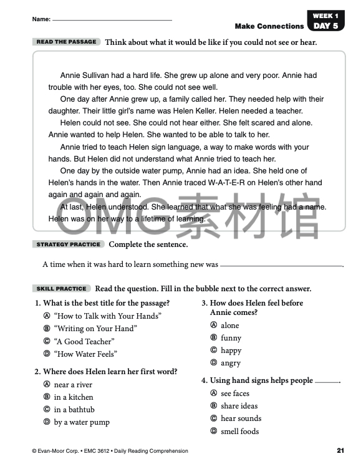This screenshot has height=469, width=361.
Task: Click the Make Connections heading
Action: tap(269, 26)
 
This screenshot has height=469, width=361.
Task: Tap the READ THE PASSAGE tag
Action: tap(67, 42)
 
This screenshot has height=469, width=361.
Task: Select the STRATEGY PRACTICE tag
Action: tap(68, 244)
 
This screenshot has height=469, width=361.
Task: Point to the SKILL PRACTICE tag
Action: tap(62, 289)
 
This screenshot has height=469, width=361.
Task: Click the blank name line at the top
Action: tap(112, 20)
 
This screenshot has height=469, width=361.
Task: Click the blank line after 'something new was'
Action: tap(281, 266)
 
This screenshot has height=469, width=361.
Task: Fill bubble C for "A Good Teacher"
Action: tap(46, 341)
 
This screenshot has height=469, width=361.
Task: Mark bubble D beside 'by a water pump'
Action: tap(46, 422)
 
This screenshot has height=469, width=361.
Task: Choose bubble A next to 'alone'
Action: tap(213, 326)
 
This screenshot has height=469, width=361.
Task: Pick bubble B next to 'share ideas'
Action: tap(213, 406)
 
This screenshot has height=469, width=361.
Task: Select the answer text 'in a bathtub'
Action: tap(74, 410)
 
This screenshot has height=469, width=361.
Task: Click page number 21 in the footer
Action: tap(340, 450)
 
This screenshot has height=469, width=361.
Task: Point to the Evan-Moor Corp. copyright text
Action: tap(56, 451)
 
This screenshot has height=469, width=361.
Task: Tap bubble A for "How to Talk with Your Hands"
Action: tap(46, 316)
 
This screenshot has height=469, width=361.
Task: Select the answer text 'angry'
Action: tap(230, 363)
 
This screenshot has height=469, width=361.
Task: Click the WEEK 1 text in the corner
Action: tap(326, 16)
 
